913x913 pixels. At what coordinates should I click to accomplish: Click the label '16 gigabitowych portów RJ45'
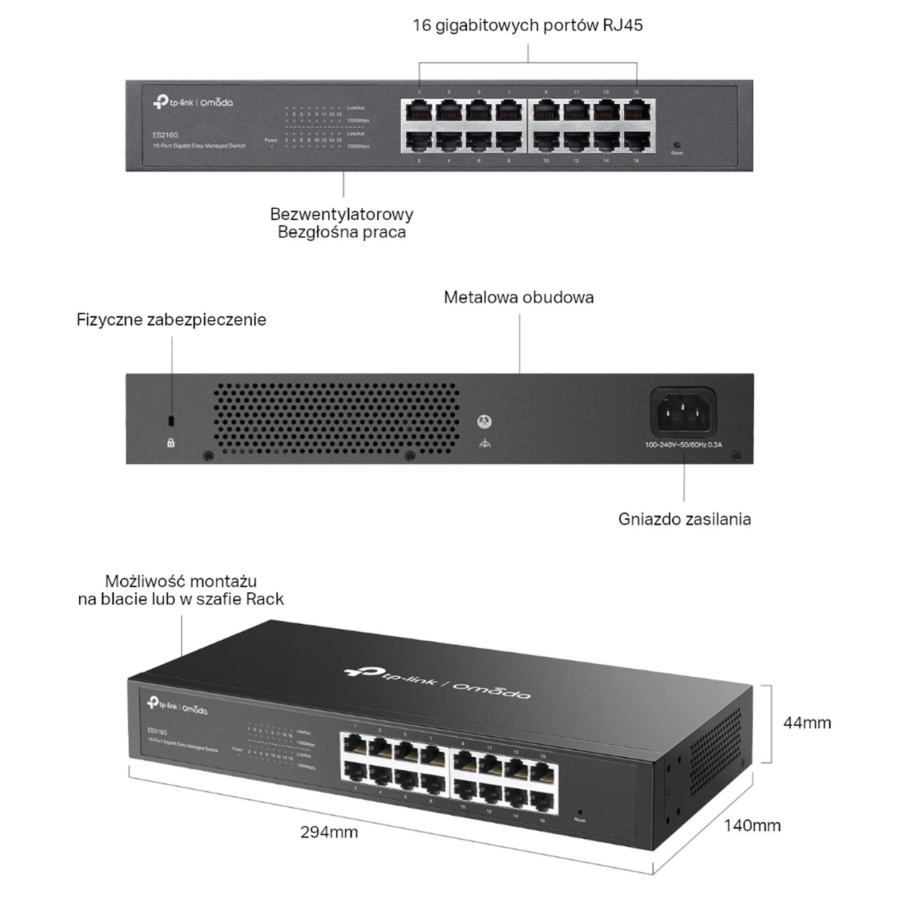(x=527, y=26)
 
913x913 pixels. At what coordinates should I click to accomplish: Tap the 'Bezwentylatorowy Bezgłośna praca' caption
(x=341, y=223)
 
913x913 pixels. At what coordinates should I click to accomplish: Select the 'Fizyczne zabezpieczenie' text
(x=171, y=320)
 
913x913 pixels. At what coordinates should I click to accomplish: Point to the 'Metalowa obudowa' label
(x=519, y=297)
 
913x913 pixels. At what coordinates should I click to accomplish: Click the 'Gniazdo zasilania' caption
(x=684, y=519)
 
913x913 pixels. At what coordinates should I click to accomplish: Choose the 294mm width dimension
(x=329, y=832)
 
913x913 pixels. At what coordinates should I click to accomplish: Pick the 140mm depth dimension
(x=752, y=825)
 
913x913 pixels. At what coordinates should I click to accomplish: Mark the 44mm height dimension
(x=807, y=723)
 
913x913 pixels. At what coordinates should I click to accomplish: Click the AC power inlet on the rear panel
(x=683, y=412)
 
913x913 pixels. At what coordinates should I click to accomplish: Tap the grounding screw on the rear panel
(x=484, y=422)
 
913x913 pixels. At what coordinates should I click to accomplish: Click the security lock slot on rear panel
(x=171, y=421)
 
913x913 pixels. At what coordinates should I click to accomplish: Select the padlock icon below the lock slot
(x=171, y=443)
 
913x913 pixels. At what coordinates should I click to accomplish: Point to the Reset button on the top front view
(x=677, y=146)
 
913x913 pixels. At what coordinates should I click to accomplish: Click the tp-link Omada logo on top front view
(x=193, y=103)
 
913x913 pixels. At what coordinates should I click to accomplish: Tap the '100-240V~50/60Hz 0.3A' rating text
(x=683, y=445)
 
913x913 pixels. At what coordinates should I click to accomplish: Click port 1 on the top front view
(x=419, y=110)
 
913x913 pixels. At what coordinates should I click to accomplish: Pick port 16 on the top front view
(x=636, y=142)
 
